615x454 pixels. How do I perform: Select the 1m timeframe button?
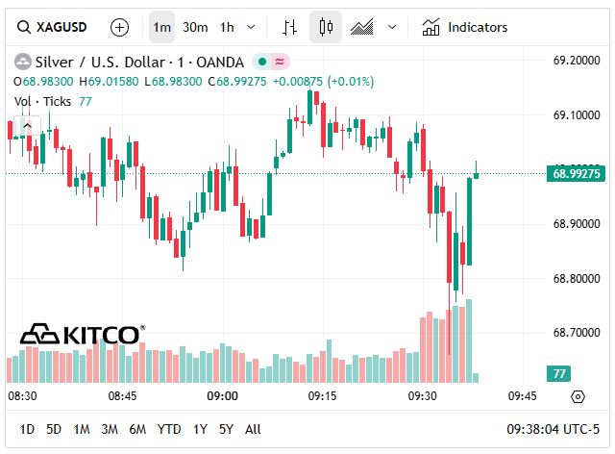(x=162, y=27)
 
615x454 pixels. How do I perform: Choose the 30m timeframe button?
(x=196, y=27)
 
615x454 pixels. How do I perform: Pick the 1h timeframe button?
(x=227, y=27)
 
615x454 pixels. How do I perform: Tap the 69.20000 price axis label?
(x=577, y=61)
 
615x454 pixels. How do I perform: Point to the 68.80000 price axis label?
(x=577, y=279)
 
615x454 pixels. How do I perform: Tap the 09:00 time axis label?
(x=222, y=396)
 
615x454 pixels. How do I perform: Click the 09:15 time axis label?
(x=322, y=396)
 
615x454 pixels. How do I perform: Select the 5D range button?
(x=54, y=429)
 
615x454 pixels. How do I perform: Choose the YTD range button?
(x=169, y=429)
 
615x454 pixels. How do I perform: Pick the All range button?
(x=253, y=429)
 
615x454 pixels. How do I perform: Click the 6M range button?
(x=137, y=429)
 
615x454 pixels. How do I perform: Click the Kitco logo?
(x=83, y=335)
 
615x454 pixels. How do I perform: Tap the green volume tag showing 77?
(x=557, y=373)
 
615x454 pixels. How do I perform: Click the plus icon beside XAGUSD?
(x=119, y=27)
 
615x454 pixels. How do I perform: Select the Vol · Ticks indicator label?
(x=42, y=101)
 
